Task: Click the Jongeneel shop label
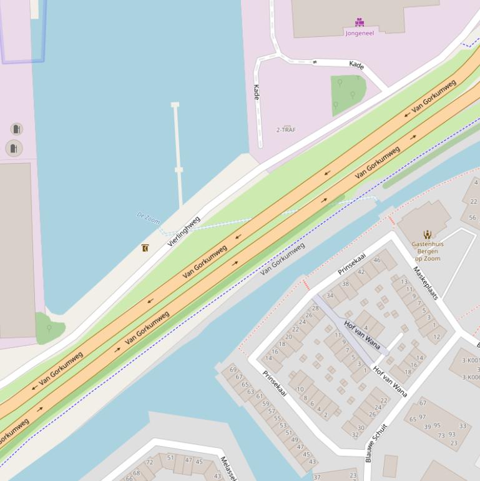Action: pyautogui.click(x=360, y=33)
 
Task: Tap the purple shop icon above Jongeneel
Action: pyautogui.click(x=360, y=22)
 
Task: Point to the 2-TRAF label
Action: pyautogui.click(x=286, y=130)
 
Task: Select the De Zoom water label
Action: pyautogui.click(x=148, y=217)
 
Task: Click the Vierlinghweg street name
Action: pyautogui.click(x=184, y=231)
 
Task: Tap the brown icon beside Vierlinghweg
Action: pyautogui.click(x=145, y=248)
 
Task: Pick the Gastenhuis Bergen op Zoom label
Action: pyautogui.click(x=428, y=251)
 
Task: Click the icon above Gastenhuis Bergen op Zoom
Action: pyautogui.click(x=428, y=235)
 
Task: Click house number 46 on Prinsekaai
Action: pyautogui.click(x=377, y=260)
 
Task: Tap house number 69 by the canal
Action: pyautogui.click(x=233, y=370)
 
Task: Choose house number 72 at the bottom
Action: pyautogui.click(x=150, y=462)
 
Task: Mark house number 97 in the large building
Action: pyautogui.click(x=423, y=417)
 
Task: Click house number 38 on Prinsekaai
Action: pyautogui.click(x=345, y=284)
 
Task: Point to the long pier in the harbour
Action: pyautogui.click(x=178, y=156)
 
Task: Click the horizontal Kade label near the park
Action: pyautogui.click(x=356, y=65)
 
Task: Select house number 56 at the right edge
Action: pyautogui.click(x=473, y=218)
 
